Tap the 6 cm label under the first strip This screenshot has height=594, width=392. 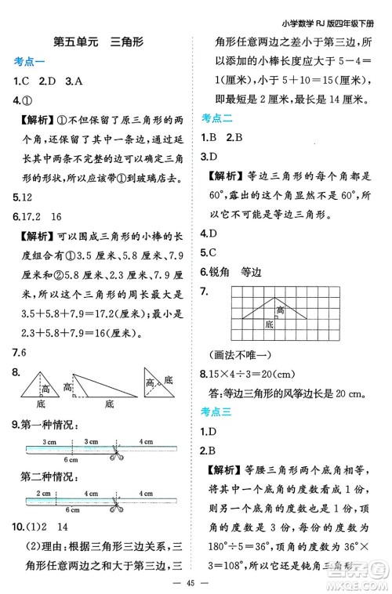click(x=71, y=458)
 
